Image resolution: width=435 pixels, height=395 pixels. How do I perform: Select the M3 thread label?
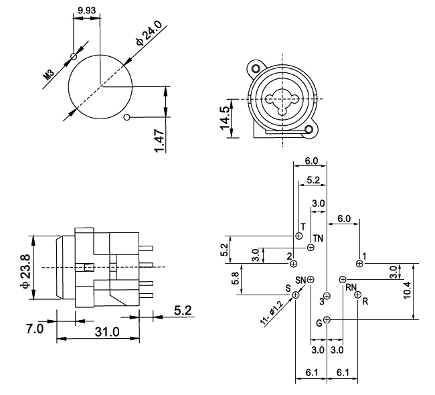click(49, 72)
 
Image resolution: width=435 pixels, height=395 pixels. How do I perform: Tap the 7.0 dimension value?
click(35, 329)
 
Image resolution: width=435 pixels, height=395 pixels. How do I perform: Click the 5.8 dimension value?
click(235, 279)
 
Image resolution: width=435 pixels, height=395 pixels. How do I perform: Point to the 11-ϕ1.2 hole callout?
click(271, 312)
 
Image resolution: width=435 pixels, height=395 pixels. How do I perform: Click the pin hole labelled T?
click(299, 236)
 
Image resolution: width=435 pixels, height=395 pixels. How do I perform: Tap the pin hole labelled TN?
click(311, 248)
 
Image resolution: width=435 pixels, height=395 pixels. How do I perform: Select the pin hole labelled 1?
click(360, 264)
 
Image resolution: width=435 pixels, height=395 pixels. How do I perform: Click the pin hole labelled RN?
click(343, 279)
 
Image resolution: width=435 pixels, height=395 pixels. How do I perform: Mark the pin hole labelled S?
click(296, 295)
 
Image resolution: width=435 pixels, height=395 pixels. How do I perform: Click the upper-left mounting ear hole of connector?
click(255, 68)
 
